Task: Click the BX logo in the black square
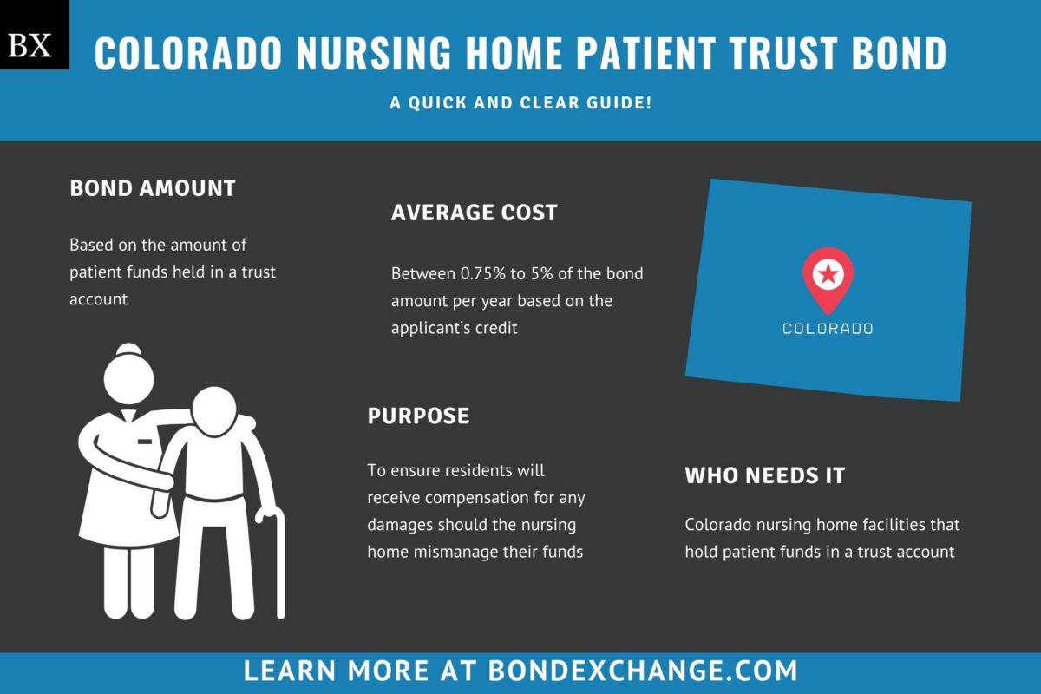pyautogui.click(x=29, y=45)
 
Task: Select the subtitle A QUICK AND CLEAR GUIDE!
pyautogui.click(x=520, y=102)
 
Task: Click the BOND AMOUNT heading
pyautogui.click(x=153, y=188)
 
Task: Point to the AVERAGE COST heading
pyautogui.click(x=474, y=213)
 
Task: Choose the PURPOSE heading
pyautogui.click(x=418, y=416)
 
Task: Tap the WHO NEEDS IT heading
pyautogui.click(x=765, y=475)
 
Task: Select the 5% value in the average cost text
pyautogui.click(x=542, y=273)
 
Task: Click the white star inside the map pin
pyautogui.click(x=828, y=274)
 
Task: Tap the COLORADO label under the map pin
pyautogui.click(x=828, y=329)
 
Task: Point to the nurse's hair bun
pyautogui.click(x=128, y=350)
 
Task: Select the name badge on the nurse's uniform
pyautogui.click(x=145, y=442)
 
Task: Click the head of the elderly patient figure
pyautogui.click(x=214, y=411)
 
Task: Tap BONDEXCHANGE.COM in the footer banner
pyautogui.click(x=643, y=671)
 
